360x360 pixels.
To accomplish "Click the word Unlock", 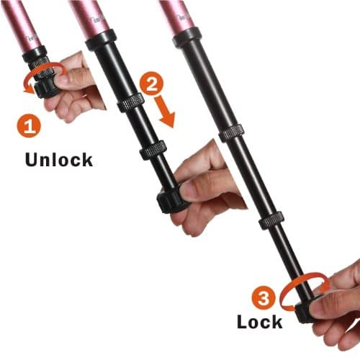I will coord(58,159).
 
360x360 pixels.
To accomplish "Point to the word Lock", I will coord(260,320).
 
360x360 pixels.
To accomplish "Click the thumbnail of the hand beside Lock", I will coord(320,303).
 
